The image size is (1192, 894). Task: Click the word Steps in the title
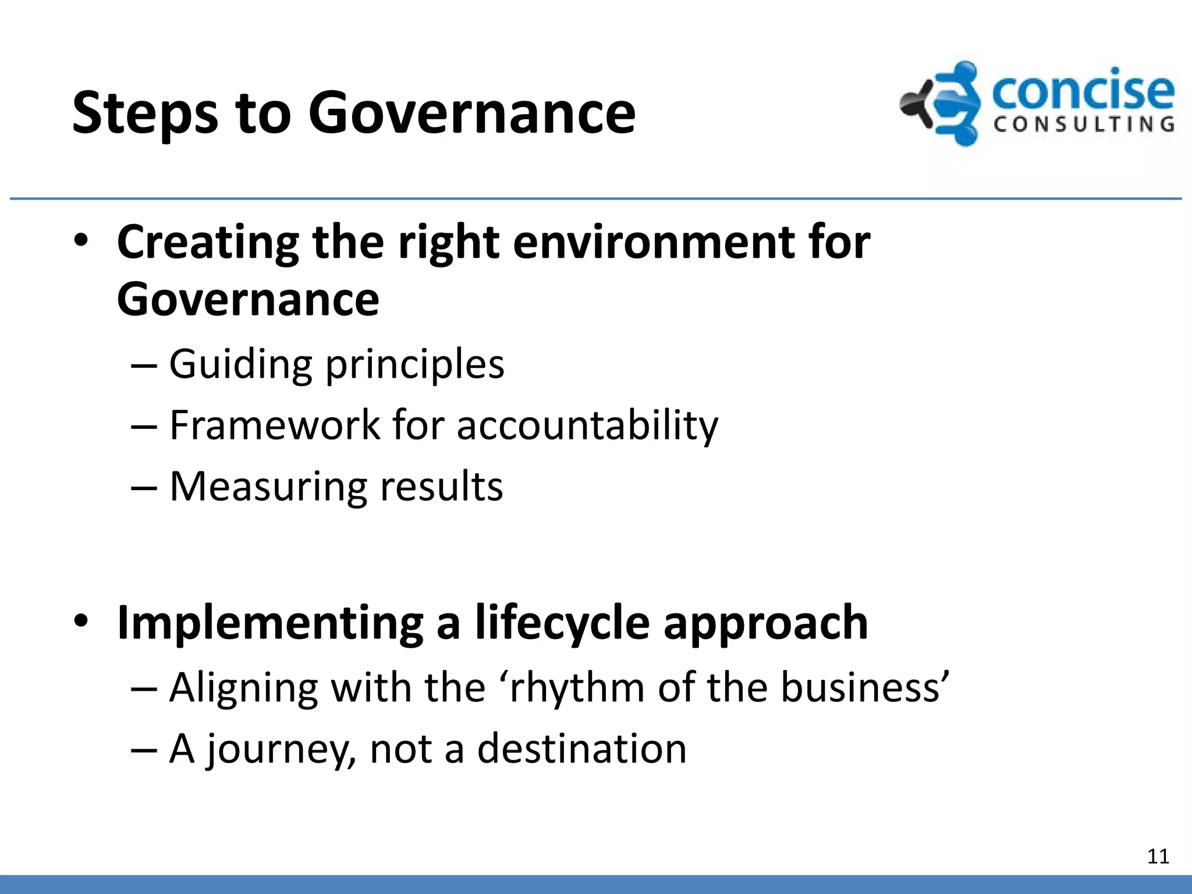145,113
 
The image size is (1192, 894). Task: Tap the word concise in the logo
1083,91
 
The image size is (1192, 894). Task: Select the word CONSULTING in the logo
1084,125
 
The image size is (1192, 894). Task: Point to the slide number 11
1158,857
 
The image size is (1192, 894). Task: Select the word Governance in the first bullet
248,300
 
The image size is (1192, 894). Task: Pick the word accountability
587,425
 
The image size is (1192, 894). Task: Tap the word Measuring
268,487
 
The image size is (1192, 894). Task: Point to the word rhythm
576,688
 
